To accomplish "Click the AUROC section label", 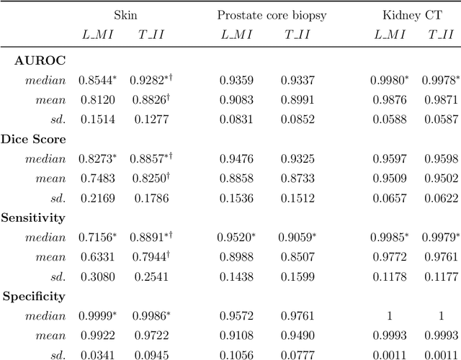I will point(40,61).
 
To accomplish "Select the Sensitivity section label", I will point(34,217).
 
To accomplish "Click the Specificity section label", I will point(34,296).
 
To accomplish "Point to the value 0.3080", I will point(96,276).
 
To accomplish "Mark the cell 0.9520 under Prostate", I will point(238,238).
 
